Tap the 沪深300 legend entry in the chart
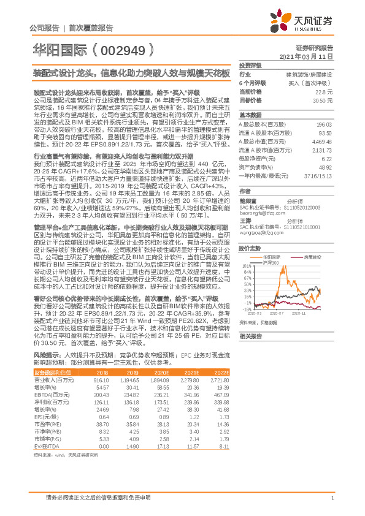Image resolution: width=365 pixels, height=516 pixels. (x=272, y=246)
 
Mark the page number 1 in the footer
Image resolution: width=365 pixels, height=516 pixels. (x=332, y=498)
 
